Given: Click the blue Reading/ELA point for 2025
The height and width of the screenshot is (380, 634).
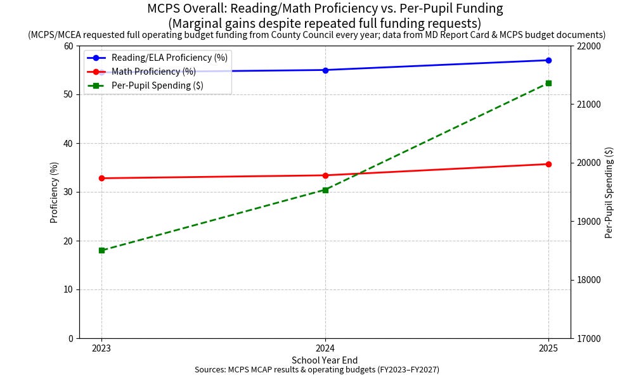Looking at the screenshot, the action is [x=548, y=60].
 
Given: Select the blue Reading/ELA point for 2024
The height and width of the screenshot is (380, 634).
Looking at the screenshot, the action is [x=325, y=70].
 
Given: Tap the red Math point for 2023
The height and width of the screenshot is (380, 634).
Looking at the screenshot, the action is [x=101, y=178].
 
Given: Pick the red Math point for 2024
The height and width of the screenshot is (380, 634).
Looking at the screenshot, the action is [x=325, y=175].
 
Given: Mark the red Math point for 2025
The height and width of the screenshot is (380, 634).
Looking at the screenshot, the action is [x=548, y=165].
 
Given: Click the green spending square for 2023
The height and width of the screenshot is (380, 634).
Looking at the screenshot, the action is [x=101, y=250].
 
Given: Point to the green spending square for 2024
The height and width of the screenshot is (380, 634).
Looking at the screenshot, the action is [x=325, y=190].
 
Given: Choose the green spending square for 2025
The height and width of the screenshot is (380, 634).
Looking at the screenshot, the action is [x=548, y=83].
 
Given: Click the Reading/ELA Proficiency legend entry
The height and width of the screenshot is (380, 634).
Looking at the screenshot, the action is [x=157, y=58].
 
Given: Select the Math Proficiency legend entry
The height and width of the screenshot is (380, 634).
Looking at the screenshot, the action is [x=141, y=72].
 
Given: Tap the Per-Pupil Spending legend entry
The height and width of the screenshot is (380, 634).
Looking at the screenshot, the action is [x=145, y=85].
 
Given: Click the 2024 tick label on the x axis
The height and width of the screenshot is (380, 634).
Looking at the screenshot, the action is [x=325, y=348].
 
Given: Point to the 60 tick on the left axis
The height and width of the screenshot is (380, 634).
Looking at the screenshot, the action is [x=68, y=46].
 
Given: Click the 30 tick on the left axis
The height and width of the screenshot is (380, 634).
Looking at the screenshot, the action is [x=68, y=193].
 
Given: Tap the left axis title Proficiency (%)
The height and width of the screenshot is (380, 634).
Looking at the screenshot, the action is [x=54, y=193].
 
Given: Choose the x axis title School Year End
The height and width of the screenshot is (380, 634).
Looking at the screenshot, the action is [x=325, y=360].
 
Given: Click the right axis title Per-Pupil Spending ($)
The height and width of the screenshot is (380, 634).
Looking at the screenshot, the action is [x=609, y=193].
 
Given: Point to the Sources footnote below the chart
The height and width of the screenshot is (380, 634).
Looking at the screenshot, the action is [x=317, y=369].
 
